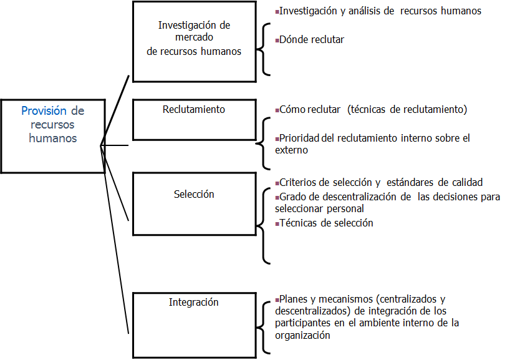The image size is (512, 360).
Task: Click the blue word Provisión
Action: coord(44,111)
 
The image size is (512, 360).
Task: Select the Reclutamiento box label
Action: coord(194,109)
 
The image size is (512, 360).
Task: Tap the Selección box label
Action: coord(194,194)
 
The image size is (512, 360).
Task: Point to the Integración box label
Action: coord(194,302)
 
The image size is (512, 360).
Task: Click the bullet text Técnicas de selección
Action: coord(326,223)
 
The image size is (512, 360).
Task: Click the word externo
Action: coord(291,150)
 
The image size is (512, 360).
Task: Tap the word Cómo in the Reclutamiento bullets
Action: coord(291,109)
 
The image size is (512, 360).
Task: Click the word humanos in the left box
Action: coord(53,138)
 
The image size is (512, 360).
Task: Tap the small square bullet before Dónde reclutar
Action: coord(277,41)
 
